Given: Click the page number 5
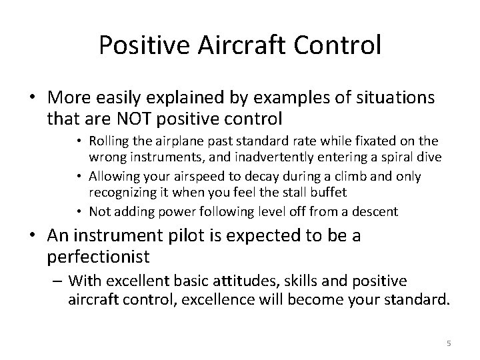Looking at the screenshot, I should click(x=449, y=343).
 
